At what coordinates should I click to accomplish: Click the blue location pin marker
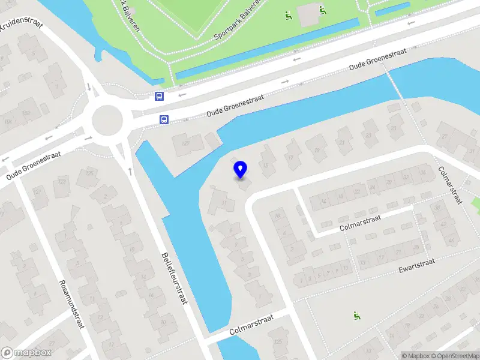coord(240,169)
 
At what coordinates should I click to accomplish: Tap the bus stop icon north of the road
coord(159,96)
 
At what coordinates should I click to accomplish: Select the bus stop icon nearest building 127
coord(163,119)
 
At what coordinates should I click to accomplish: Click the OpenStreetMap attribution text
coord(455,356)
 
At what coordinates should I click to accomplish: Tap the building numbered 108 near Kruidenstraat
coord(26,113)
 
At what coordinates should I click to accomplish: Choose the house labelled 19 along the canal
coord(314,143)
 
